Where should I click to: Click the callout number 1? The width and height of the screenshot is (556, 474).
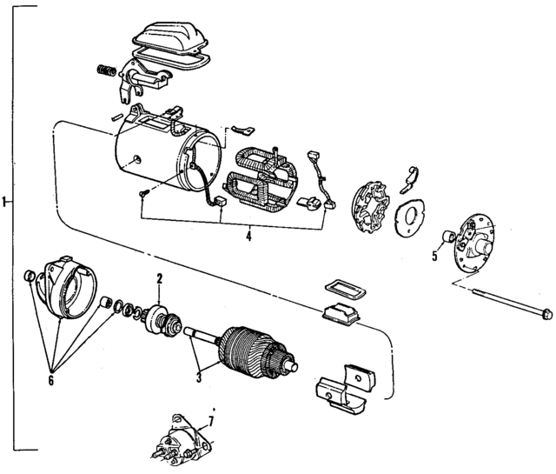[x=4, y=203]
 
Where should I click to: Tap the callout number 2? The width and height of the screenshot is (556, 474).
[x=159, y=279]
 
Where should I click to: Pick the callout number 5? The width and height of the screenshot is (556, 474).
[x=434, y=256]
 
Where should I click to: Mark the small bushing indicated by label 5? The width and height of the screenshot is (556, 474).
[x=449, y=237]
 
